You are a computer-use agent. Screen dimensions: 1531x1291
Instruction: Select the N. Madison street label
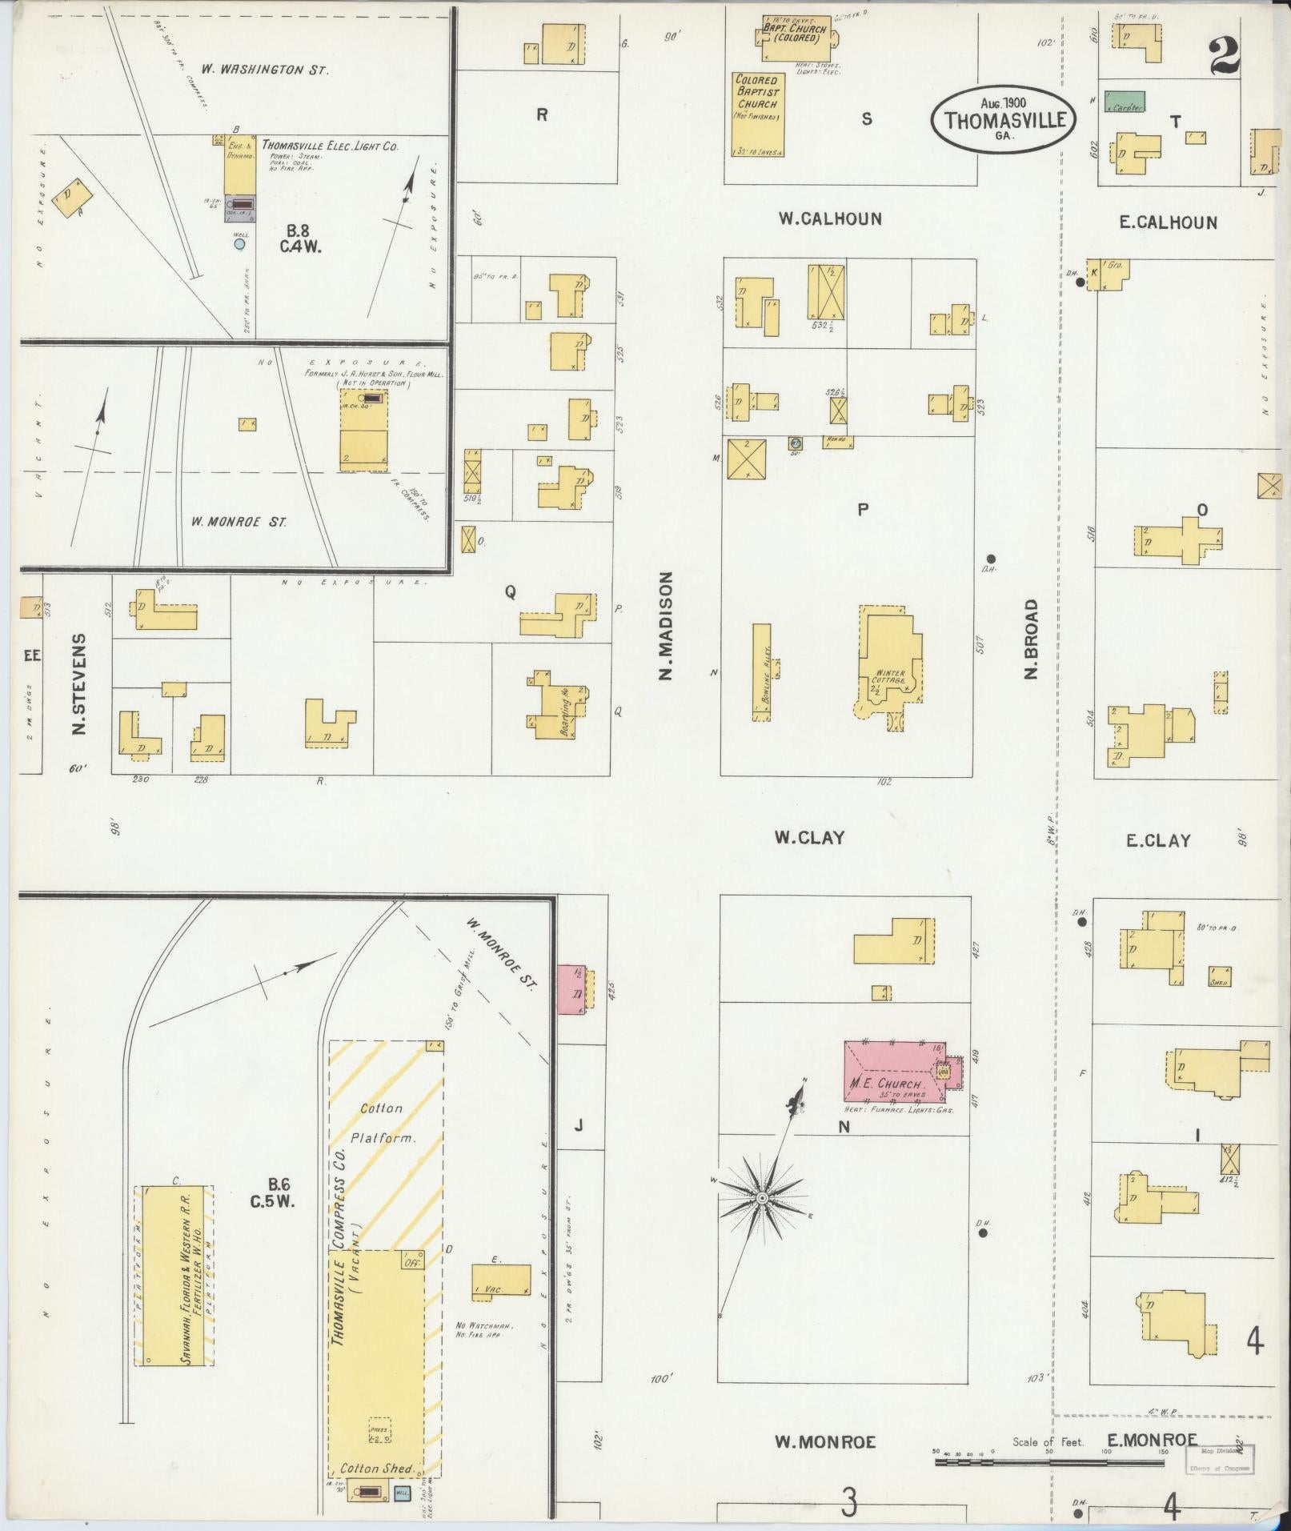point(665,625)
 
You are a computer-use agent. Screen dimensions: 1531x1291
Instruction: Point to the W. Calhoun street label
point(830,218)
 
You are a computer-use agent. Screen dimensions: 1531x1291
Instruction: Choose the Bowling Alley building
point(761,672)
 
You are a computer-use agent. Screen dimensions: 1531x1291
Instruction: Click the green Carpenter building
point(1125,102)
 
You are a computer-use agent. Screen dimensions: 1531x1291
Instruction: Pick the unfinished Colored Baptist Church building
point(757,114)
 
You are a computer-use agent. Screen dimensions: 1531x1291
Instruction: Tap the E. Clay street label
point(1157,840)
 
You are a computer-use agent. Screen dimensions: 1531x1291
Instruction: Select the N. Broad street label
point(1031,639)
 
